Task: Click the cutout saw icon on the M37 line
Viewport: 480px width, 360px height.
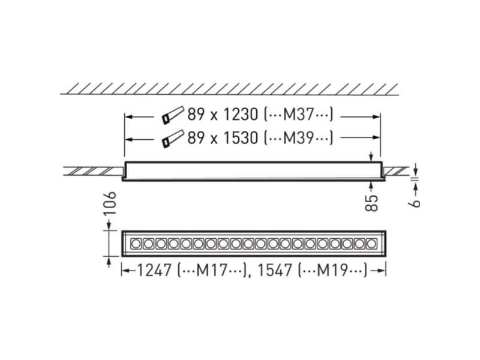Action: (172, 115)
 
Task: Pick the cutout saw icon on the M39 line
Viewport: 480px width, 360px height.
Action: (172, 139)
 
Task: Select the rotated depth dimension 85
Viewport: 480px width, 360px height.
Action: (372, 202)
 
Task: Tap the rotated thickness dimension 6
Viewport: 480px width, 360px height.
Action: (415, 202)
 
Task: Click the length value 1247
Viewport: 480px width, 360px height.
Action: (154, 271)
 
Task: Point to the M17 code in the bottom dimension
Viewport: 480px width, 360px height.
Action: (211, 271)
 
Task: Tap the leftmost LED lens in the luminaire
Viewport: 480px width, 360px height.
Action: (136, 244)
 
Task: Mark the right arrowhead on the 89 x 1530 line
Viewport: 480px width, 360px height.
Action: (377, 139)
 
